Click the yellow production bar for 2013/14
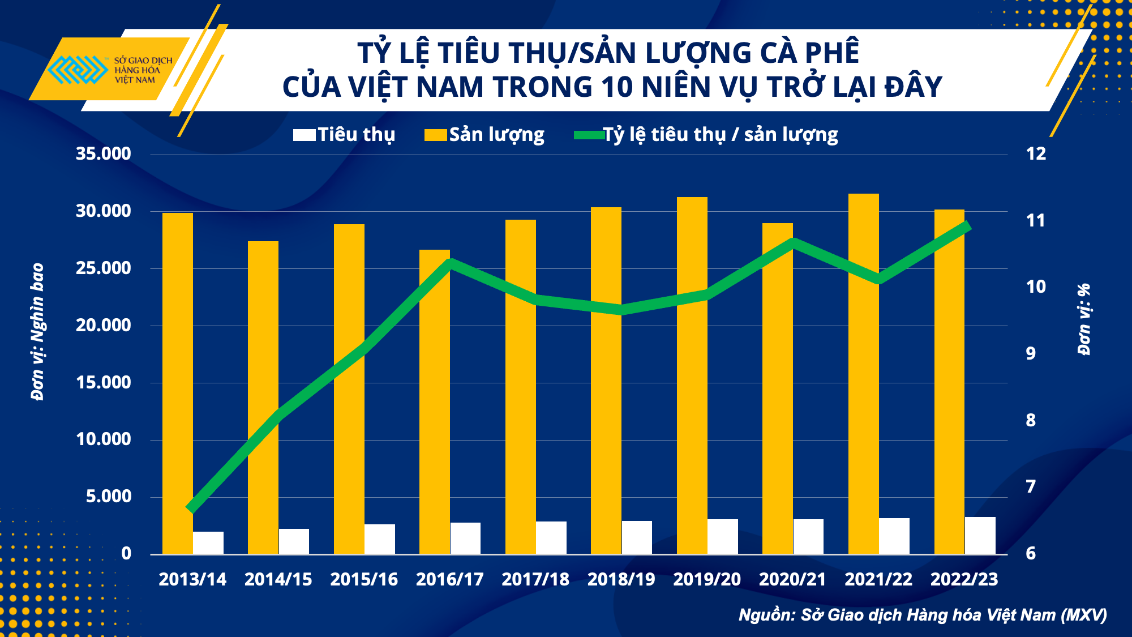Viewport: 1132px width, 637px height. pyautogui.click(x=178, y=383)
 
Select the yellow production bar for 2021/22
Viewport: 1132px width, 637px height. pyautogui.click(x=864, y=374)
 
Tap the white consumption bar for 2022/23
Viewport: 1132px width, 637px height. pyautogui.click(x=980, y=535)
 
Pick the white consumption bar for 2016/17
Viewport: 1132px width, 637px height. pyautogui.click(x=465, y=538)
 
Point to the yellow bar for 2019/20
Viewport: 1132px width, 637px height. pyautogui.click(x=692, y=375)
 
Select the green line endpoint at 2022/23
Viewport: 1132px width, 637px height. pyautogui.click(x=967, y=226)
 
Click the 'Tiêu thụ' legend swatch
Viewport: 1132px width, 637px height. pyautogui.click(x=304, y=135)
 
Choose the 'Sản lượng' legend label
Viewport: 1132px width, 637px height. pyautogui.click(x=496, y=135)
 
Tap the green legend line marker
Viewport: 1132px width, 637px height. pyautogui.click(x=589, y=135)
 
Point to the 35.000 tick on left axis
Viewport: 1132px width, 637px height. pyautogui.click(x=104, y=153)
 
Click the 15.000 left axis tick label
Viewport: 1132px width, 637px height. pyautogui.click(x=104, y=382)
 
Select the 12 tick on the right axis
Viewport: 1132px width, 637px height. pyautogui.click(x=1036, y=153)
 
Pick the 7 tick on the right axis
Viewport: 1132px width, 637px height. pyautogui.click(x=1031, y=486)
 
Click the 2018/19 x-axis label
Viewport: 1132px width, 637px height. pyautogui.click(x=621, y=579)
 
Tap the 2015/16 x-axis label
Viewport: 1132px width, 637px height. pyautogui.click(x=364, y=579)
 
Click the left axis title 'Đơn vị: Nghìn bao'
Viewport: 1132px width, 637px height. pyautogui.click(x=38, y=332)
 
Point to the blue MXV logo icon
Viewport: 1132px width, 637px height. pyautogui.click(x=78, y=70)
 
